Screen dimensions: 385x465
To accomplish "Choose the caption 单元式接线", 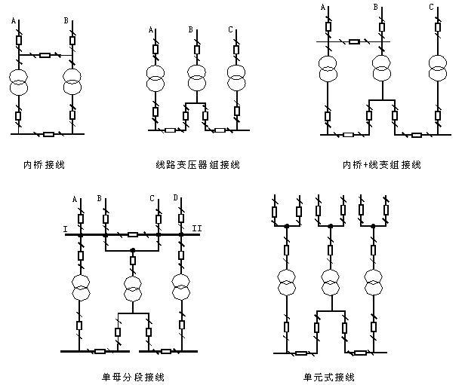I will point(327,376).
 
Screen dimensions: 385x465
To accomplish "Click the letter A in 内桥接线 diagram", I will point(14,20).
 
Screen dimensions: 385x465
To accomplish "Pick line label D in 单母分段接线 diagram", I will point(175,198).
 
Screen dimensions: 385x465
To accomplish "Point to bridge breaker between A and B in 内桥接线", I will point(45,55).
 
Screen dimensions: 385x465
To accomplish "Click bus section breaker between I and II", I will point(133,234).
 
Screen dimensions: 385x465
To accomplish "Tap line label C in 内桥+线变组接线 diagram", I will point(431,8).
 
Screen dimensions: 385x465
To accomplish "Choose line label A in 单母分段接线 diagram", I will point(75,198).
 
